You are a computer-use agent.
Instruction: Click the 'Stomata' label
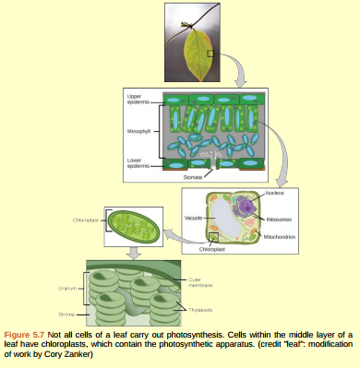[194, 175]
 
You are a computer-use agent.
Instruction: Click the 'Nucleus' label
[274, 193]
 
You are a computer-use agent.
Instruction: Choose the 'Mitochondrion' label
[279, 237]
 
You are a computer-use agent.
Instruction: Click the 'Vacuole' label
[194, 218]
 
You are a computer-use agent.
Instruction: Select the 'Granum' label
[67, 288]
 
